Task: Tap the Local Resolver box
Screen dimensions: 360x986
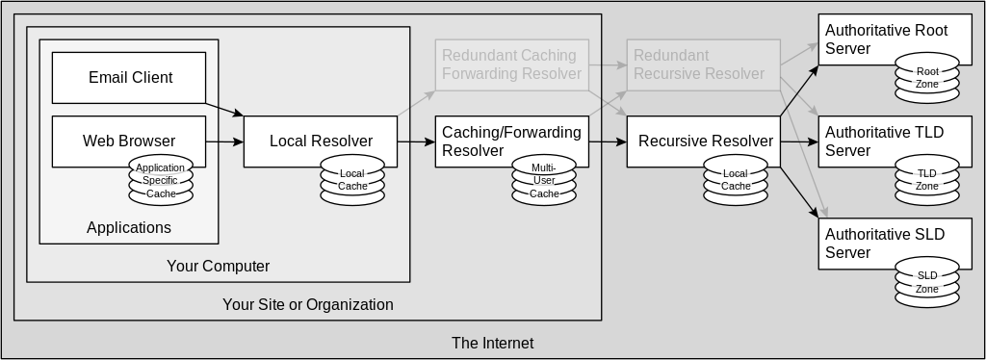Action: [321, 141]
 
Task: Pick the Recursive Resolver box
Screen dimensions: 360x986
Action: [703, 141]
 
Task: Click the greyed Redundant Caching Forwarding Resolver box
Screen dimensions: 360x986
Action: [511, 64]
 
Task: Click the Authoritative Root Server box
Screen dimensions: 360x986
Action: [886, 39]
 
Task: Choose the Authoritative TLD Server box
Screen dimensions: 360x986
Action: [886, 141]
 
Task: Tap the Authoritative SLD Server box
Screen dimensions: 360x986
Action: [886, 243]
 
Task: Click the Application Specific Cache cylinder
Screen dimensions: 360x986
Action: [161, 181]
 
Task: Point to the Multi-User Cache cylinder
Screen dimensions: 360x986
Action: [544, 181]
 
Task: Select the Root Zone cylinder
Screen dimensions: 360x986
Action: [927, 78]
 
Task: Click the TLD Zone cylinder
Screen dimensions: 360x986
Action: [927, 180]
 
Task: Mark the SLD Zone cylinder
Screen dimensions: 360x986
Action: [927, 282]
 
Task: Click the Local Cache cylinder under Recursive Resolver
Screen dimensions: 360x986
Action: [736, 180]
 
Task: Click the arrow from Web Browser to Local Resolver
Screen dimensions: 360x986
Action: [223, 141]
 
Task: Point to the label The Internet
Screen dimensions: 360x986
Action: [492, 343]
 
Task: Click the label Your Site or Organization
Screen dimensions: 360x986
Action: [307, 305]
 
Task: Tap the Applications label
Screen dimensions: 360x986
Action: [128, 228]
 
